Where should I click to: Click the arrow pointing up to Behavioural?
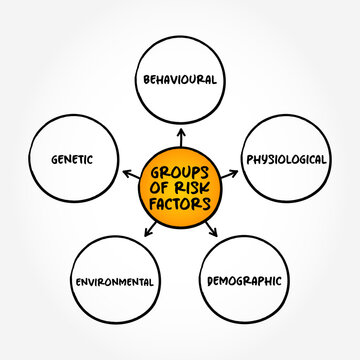(x=181, y=133)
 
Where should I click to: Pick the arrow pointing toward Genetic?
(x=128, y=172)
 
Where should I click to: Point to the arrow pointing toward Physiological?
(x=232, y=173)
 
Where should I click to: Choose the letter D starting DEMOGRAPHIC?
(x=211, y=281)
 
